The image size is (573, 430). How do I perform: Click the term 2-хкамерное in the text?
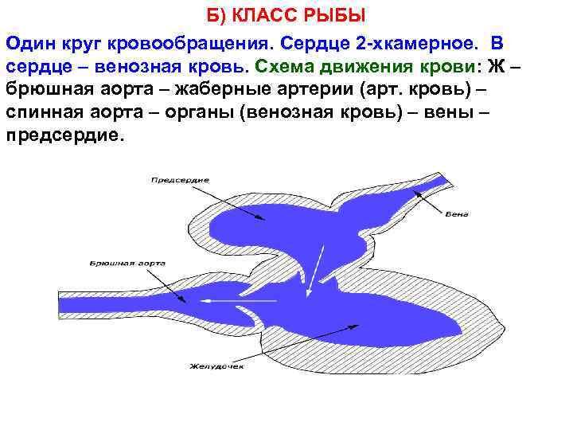click(407, 41)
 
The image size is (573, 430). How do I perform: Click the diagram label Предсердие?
click(180, 180)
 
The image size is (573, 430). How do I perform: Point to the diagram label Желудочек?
click(216, 367)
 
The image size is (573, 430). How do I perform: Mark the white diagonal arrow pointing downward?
click(316, 271)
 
